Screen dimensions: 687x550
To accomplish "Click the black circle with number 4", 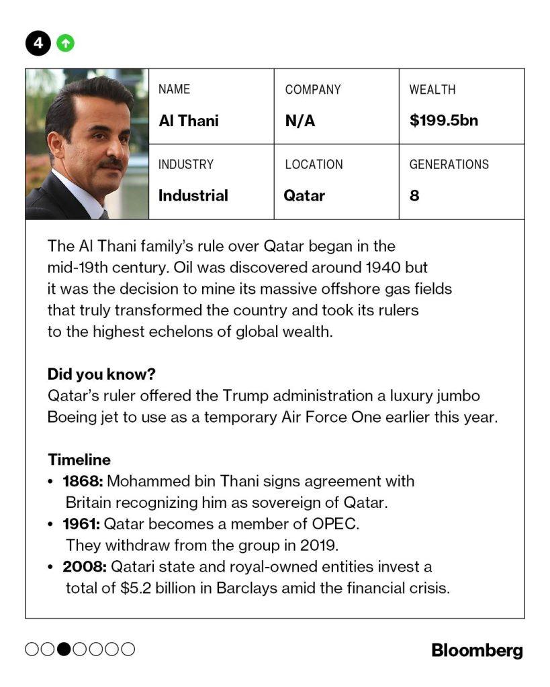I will (x=39, y=44).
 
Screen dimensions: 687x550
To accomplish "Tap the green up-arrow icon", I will (x=65, y=44).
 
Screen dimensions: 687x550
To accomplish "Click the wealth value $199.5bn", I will (x=443, y=121).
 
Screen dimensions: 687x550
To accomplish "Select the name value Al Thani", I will (x=189, y=121).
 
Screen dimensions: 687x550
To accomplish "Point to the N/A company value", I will (x=300, y=121).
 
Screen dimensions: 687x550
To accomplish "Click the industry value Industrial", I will (x=193, y=196).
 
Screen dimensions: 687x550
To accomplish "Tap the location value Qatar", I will (x=304, y=196).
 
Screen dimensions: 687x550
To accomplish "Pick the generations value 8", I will (x=414, y=196).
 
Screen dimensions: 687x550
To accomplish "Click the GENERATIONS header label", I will (x=449, y=164).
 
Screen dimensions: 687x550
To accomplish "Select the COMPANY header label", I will (x=313, y=89).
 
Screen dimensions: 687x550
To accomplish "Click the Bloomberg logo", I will (x=477, y=650).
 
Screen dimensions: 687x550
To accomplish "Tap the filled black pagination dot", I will (x=64, y=649).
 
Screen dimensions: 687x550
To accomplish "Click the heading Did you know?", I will (x=101, y=374).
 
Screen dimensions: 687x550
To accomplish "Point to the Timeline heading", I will (x=79, y=460).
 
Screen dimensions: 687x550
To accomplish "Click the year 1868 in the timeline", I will (x=81, y=481).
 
